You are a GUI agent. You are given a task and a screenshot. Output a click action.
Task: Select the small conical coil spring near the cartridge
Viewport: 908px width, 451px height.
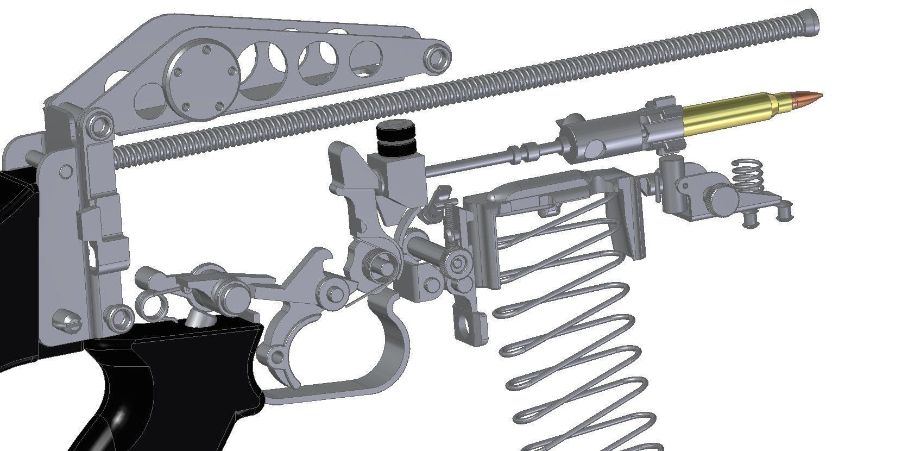click(x=748, y=174)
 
